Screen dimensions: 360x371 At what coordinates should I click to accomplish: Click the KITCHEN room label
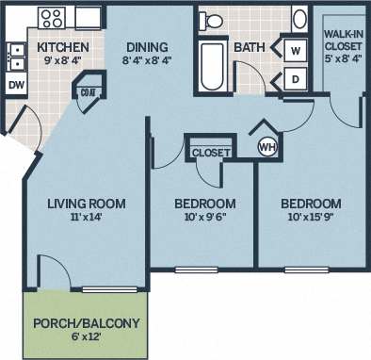pos(63,47)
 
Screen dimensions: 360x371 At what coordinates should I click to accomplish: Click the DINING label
pos(146,47)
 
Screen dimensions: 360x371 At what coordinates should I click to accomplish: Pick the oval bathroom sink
pos(299,19)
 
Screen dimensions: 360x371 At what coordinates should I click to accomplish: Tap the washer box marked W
pos(295,50)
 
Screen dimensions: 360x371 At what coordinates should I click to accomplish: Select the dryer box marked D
pos(295,79)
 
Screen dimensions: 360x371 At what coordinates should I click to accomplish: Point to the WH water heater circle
pos(267,147)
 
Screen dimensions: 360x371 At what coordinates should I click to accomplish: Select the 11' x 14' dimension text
pos(87,219)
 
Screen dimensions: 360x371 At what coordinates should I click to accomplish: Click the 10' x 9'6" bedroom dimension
pos(204,219)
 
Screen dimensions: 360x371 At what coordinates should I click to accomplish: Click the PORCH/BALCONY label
pos(87,324)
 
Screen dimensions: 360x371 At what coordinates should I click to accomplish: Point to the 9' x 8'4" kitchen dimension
pos(63,63)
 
